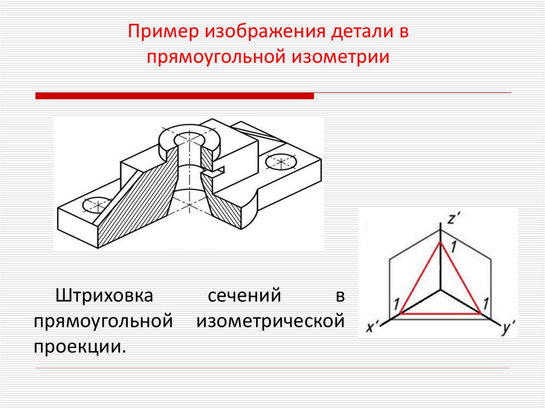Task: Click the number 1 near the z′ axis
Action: coord(453,247)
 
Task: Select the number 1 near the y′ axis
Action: coord(485,305)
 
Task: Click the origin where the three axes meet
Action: coord(441,290)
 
